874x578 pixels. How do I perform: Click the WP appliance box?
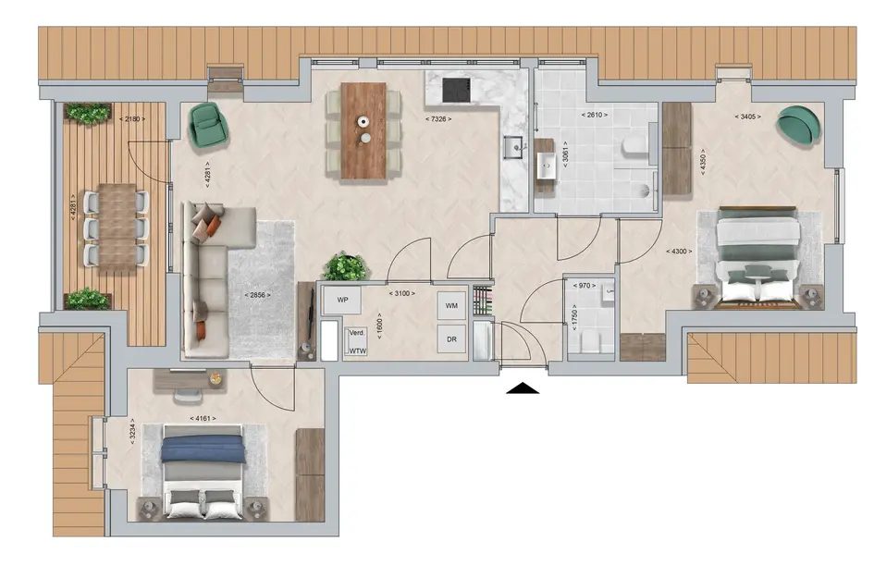tap(342, 300)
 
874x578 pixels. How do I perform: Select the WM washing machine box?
tap(451, 305)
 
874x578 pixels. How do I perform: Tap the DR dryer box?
tap(451, 338)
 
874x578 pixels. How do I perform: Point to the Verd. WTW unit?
tap(356, 341)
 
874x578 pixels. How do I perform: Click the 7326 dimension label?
tap(438, 118)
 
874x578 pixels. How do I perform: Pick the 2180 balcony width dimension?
tap(132, 118)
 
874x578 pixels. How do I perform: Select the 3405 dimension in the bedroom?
tap(747, 117)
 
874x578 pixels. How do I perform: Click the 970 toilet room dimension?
tap(585, 286)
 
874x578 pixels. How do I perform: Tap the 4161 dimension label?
tap(203, 418)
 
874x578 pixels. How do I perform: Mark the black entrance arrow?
tap(523, 388)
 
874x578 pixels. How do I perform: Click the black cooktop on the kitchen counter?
tap(456, 91)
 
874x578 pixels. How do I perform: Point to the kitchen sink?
tap(513, 147)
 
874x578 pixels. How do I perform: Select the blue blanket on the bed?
tap(203, 449)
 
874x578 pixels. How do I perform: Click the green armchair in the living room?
tap(208, 126)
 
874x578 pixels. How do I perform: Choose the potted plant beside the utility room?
tap(346, 266)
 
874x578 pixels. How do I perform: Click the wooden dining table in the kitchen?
tap(363, 130)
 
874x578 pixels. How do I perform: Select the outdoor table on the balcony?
tap(117, 227)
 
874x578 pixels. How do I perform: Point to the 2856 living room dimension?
tap(257, 295)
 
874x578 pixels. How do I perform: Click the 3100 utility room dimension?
tap(401, 293)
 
